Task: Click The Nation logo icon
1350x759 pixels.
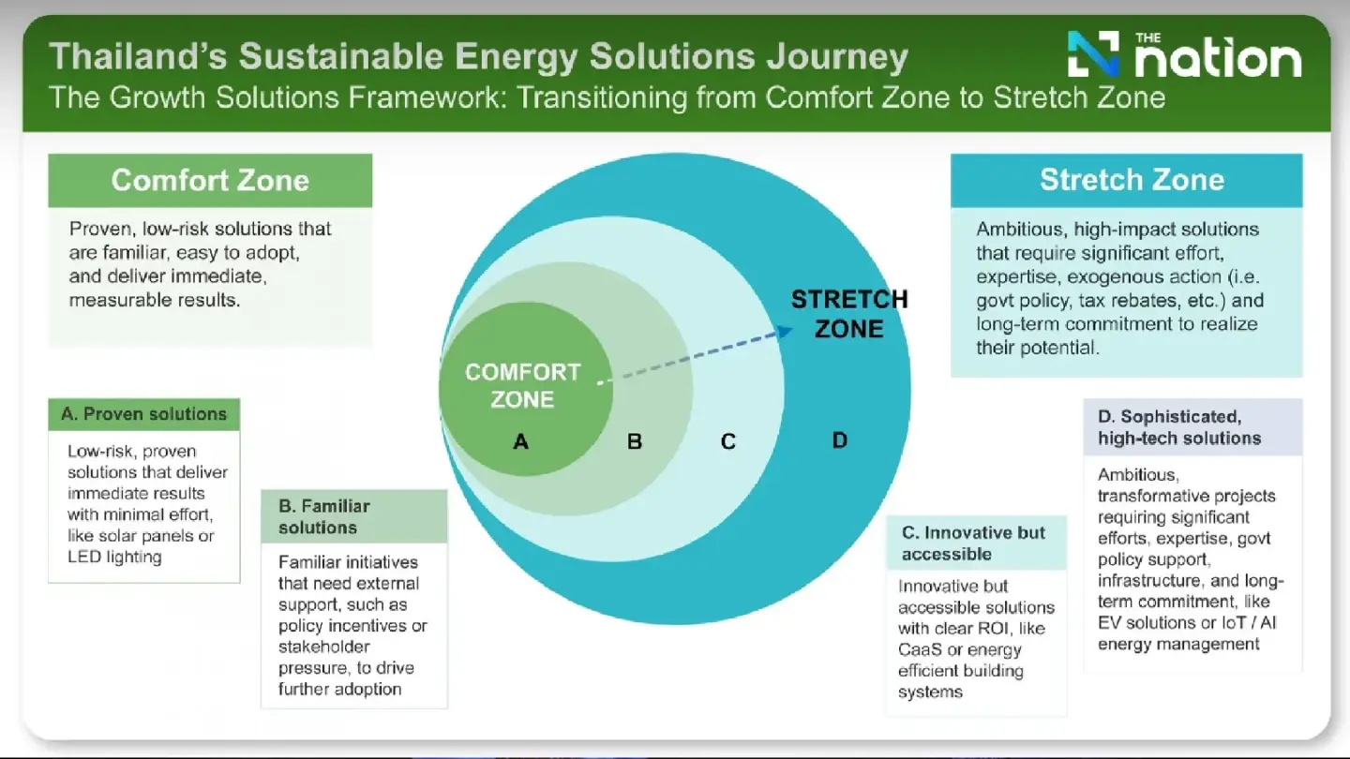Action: (x=1093, y=54)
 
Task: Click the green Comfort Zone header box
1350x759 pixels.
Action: (x=210, y=180)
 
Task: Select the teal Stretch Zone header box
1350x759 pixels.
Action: (x=1126, y=180)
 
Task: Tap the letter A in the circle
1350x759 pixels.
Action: (x=521, y=441)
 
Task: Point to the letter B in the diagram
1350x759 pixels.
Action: (x=635, y=441)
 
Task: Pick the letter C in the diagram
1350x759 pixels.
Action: (x=728, y=441)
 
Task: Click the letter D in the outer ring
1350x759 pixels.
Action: (x=840, y=439)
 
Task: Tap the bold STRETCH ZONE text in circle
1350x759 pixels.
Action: (x=848, y=314)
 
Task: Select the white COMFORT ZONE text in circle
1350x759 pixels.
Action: (x=522, y=385)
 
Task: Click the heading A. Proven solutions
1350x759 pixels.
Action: (x=143, y=414)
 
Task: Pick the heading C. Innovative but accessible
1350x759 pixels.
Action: (x=973, y=543)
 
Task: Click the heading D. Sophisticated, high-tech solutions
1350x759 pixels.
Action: (x=1179, y=427)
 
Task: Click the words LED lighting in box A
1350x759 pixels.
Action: (x=114, y=557)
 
